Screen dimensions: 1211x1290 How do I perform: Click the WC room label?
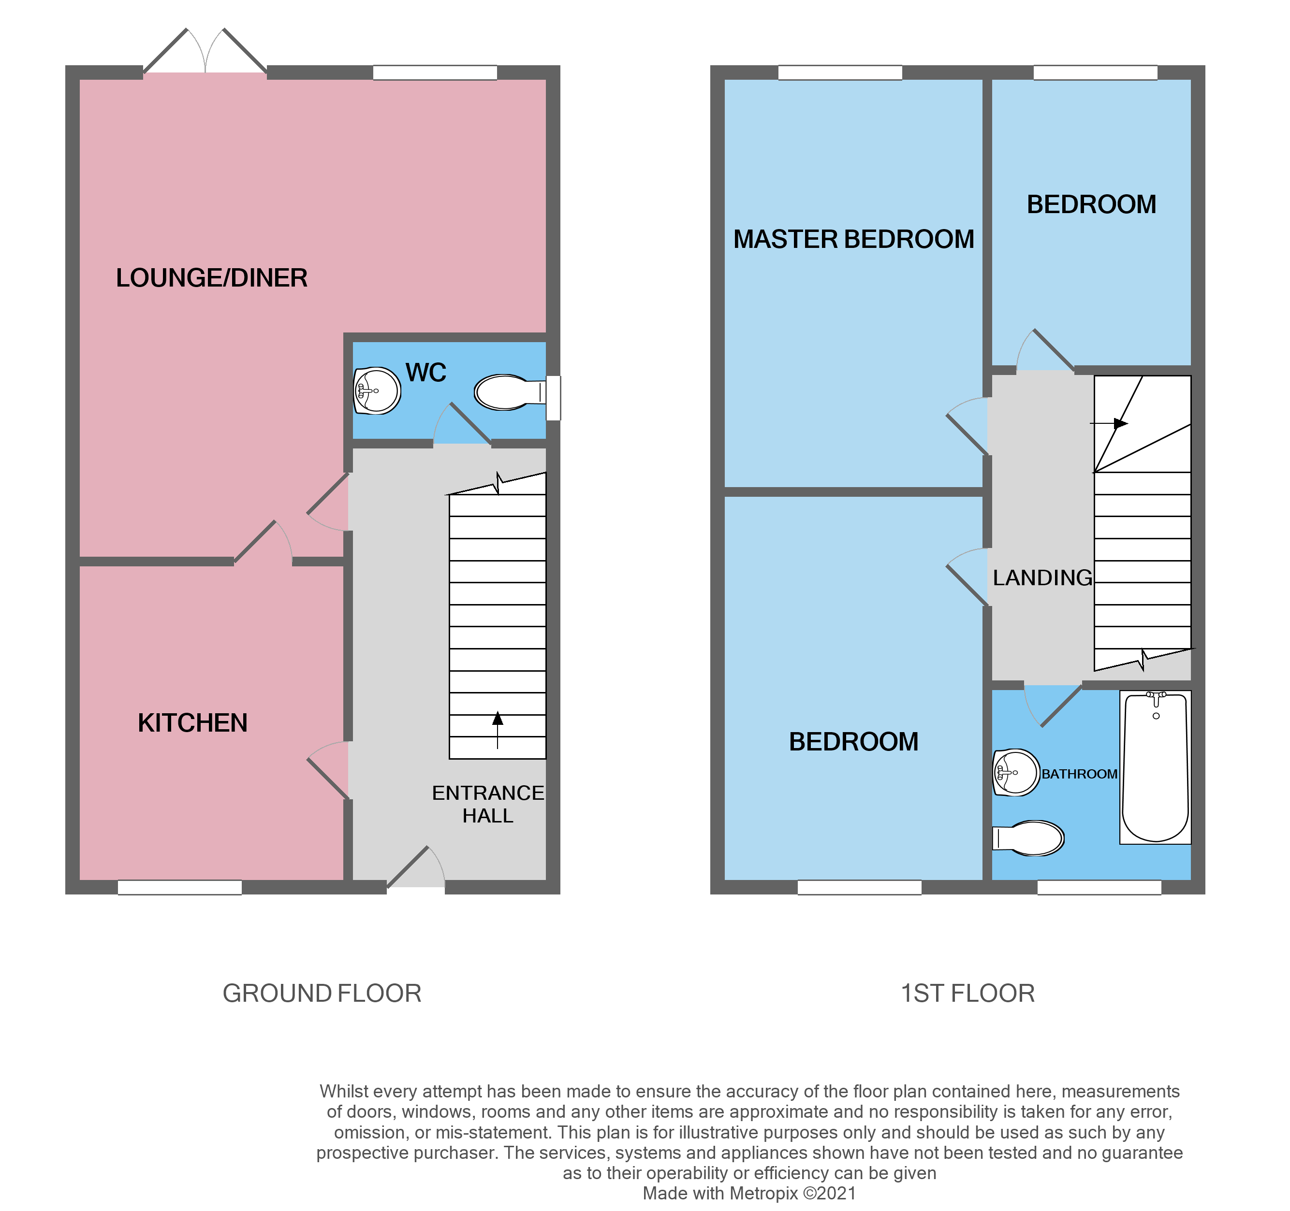[425, 373]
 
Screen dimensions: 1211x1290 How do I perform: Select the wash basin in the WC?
[377, 390]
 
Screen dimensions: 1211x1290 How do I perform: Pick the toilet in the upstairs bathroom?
[1030, 838]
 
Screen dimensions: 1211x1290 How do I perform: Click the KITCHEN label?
[193, 722]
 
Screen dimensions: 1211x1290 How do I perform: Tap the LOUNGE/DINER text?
[212, 277]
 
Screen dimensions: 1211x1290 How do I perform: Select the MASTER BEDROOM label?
[853, 239]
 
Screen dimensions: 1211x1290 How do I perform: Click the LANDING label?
[1042, 577]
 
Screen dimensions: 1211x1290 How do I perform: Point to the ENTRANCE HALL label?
[488, 804]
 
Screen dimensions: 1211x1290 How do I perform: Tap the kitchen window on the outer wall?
[180, 887]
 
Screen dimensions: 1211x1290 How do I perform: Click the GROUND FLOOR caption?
[322, 993]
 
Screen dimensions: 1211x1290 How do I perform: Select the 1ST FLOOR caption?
[967, 993]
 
